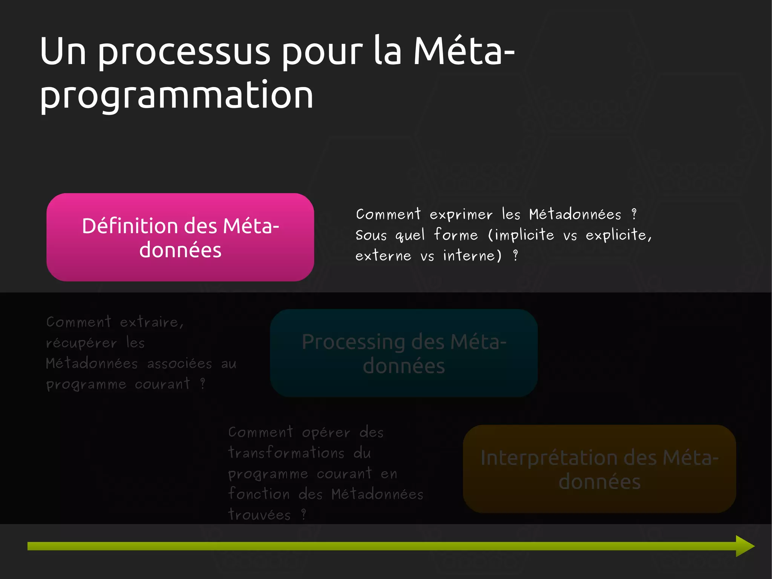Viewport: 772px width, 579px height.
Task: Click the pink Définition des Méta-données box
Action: [180, 237]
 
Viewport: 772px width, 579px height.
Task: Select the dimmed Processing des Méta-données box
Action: [404, 353]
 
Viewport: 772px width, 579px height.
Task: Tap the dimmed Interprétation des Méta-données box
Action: [599, 469]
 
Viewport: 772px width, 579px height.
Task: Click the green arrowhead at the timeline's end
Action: [744, 546]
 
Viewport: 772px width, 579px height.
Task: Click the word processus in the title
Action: [184, 53]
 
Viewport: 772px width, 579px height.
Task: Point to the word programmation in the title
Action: [176, 96]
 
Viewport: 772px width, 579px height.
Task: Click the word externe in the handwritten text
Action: [383, 256]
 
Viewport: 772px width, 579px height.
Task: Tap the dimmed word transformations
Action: [286, 453]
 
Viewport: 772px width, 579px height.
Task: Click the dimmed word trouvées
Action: [259, 515]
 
